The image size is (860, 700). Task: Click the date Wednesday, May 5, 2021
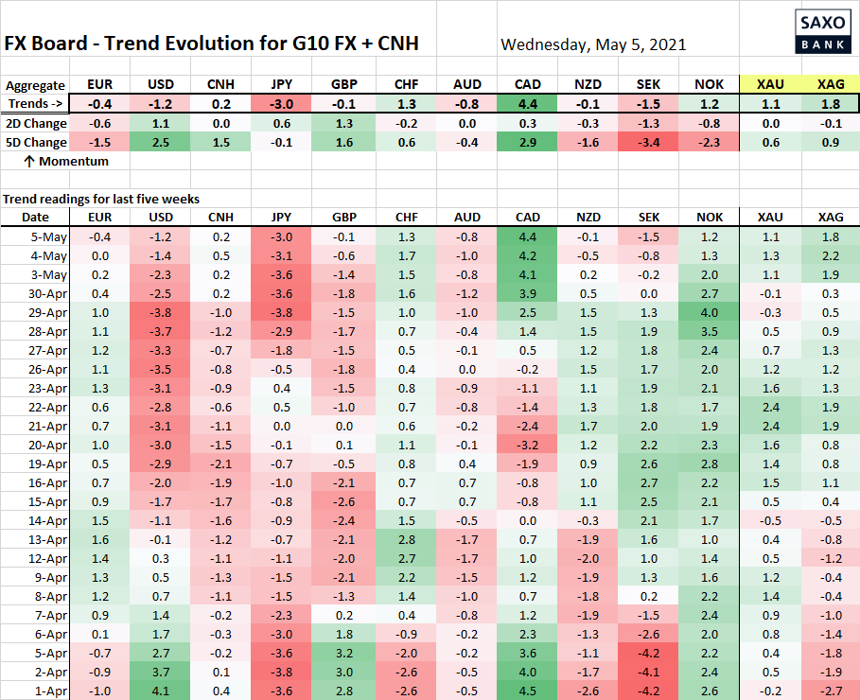coord(593,44)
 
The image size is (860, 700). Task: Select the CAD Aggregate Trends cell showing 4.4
coord(528,104)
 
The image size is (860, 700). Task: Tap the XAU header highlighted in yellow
coord(770,85)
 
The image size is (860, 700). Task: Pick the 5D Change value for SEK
coord(649,142)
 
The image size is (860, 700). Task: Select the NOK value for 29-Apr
coord(710,312)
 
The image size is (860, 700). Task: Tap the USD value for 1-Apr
coord(162,691)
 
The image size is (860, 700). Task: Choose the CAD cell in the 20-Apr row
coord(528,445)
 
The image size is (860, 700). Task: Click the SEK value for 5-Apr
coord(649,653)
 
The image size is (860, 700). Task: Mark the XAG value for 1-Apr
coord(831,691)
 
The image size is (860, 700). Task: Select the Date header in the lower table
coord(23,218)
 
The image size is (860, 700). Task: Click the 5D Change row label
coord(36,142)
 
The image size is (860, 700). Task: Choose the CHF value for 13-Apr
coord(407,539)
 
